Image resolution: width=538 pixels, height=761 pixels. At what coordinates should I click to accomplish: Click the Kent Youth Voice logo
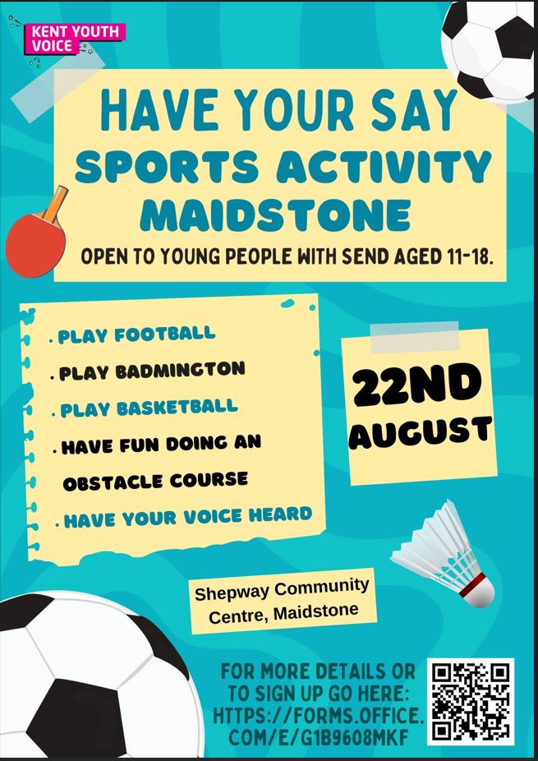click(76, 39)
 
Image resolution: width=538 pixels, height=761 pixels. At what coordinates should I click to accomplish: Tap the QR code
click(471, 702)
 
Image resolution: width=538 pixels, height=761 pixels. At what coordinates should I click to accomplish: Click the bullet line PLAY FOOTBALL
click(136, 334)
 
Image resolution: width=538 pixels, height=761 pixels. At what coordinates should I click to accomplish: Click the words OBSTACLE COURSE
click(155, 481)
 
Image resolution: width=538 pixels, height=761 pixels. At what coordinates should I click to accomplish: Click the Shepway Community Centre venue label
click(283, 602)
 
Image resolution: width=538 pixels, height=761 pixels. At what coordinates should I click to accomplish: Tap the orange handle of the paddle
click(56, 202)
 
